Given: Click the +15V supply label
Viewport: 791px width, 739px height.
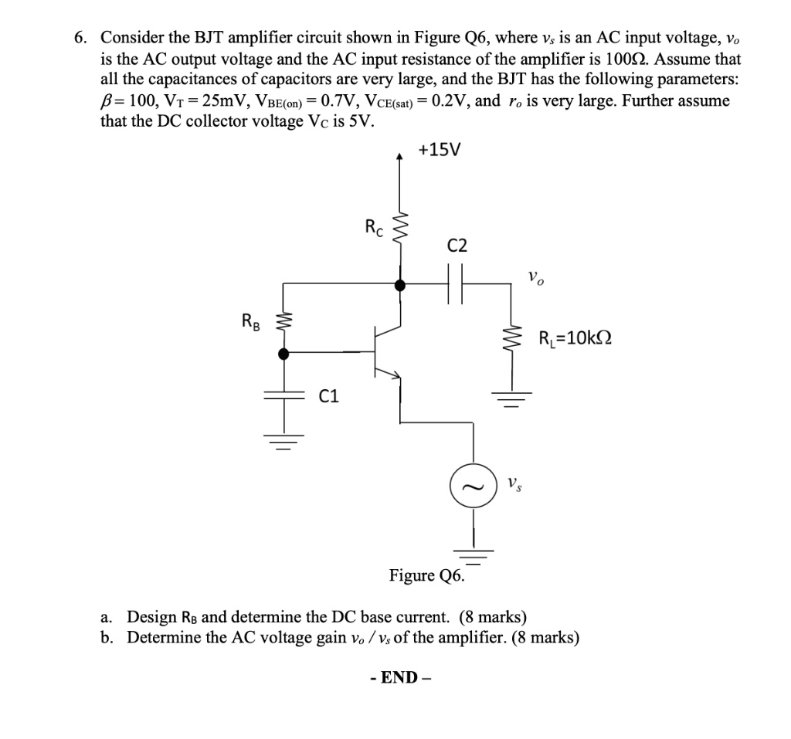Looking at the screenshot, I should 438,150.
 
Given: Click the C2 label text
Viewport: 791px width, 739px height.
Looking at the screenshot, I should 457,246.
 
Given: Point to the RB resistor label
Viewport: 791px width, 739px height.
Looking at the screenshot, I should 250,320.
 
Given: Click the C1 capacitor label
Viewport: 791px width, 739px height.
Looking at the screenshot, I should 329,397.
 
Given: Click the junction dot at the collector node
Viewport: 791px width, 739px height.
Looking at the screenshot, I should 399,285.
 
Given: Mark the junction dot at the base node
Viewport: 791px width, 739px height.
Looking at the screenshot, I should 283,354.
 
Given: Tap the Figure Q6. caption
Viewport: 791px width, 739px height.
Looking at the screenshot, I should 427,576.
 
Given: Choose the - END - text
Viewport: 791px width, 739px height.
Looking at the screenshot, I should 400,678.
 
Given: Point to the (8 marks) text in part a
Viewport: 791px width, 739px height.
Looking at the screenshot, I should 494,616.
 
